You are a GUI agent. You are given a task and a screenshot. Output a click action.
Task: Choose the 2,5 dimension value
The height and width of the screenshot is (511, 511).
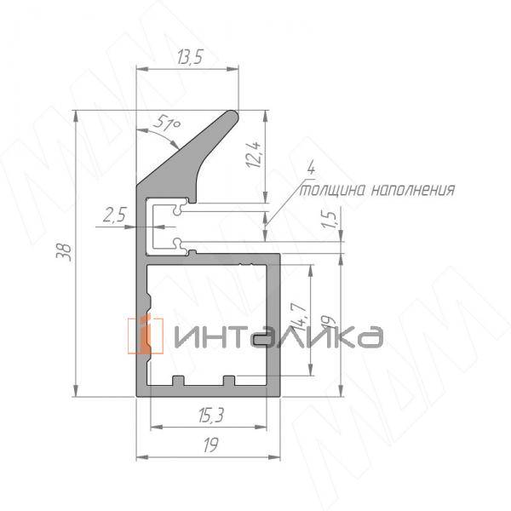pos(114,216)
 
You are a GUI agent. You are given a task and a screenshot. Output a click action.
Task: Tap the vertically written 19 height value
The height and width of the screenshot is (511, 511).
pos(331,319)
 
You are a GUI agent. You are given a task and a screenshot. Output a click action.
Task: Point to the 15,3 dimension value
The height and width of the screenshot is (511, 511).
pos(213,415)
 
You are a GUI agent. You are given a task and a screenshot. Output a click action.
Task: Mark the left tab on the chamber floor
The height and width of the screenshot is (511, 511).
pos(179,380)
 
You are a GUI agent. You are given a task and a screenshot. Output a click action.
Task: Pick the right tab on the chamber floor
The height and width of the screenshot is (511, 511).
pos(228,380)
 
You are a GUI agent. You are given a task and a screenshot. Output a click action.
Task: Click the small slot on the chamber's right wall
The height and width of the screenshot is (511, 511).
pos(261,338)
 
